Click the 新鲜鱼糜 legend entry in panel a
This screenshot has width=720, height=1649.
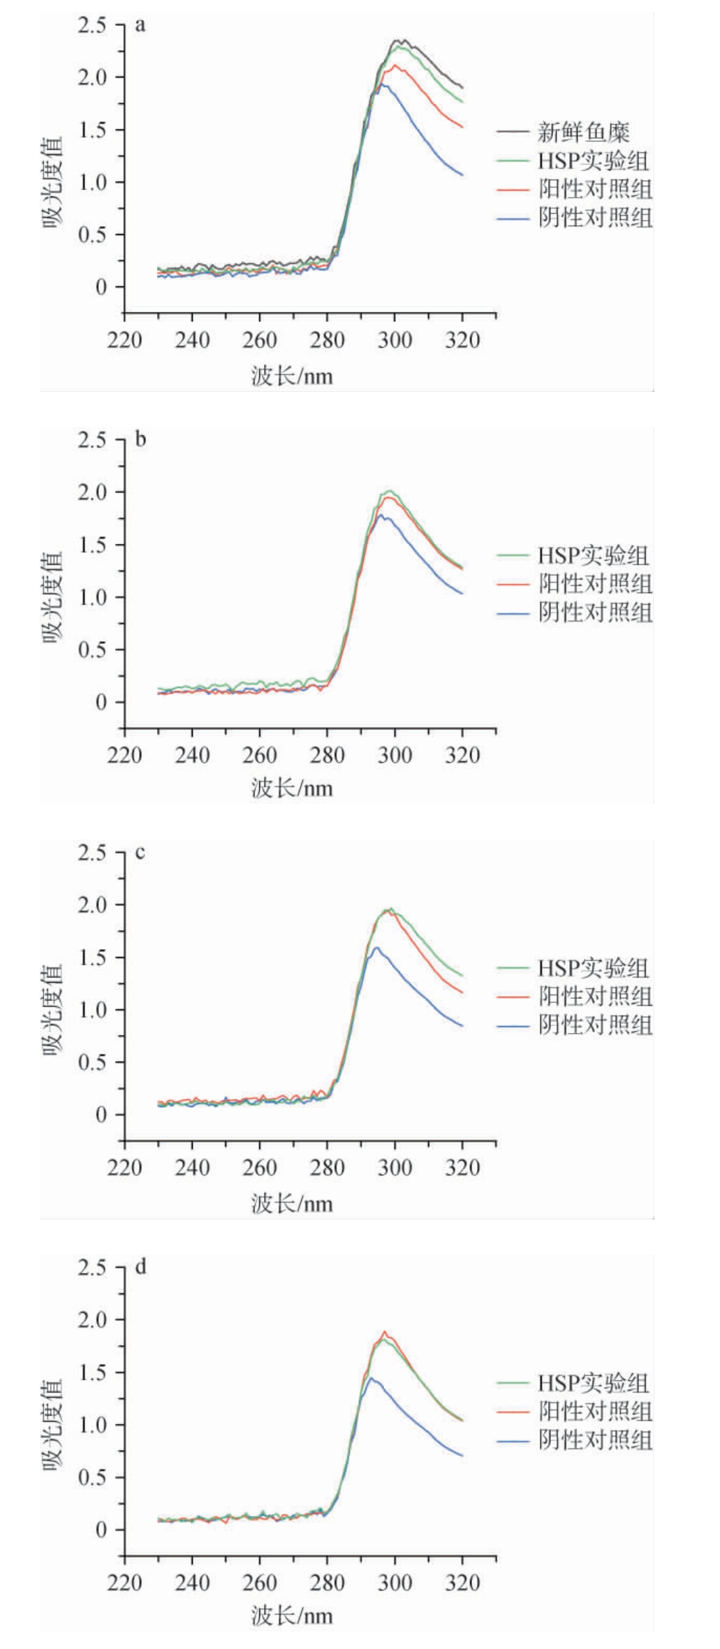point(583,131)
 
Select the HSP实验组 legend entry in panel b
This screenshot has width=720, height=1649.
point(593,555)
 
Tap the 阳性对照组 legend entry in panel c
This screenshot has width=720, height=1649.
point(595,996)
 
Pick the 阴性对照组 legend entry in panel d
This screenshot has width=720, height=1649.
point(595,1440)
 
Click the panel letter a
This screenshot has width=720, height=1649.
point(140,27)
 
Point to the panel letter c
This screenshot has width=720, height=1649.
point(140,853)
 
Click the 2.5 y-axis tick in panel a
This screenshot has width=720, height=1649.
point(91,25)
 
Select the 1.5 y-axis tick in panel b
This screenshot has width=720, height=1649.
point(91,545)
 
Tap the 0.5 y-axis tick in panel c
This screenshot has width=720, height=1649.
point(91,1062)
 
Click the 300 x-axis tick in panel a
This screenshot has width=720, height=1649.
point(395,341)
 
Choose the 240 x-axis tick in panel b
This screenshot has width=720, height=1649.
point(192,755)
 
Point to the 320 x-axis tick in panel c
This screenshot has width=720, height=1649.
point(462,1168)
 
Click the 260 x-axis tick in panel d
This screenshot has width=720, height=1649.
point(260,1583)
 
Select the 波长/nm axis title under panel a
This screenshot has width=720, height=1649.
point(292,377)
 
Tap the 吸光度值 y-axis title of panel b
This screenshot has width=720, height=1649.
point(53,597)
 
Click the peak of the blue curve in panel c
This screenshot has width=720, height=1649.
point(377,948)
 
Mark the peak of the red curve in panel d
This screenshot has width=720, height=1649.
point(384,1332)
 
